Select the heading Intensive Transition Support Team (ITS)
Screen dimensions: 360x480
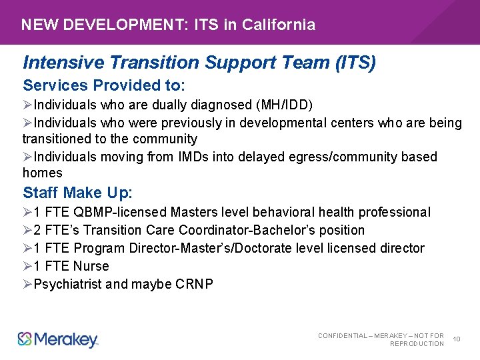point(199,63)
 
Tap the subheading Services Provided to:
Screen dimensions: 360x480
point(104,86)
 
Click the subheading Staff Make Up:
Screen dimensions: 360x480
point(78,193)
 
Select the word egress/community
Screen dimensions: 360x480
point(344,157)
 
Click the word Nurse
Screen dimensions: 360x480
point(91,267)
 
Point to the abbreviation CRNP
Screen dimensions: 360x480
point(195,285)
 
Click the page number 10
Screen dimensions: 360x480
point(457,339)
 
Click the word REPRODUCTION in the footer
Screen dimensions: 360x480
point(417,344)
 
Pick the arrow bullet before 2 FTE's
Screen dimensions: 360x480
point(27,231)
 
